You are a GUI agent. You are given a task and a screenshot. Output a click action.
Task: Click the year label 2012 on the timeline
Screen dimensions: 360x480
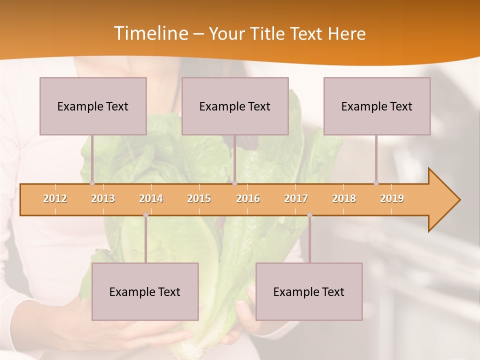click(x=55, y=198)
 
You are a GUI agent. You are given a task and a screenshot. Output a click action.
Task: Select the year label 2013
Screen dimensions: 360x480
click(x=103, y=198)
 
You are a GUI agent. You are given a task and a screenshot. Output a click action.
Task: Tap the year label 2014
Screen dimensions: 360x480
click(x=151, y=198)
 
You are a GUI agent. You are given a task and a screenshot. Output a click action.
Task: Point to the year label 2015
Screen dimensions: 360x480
click(x=199, y=198)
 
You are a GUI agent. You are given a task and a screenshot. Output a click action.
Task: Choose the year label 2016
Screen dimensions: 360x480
click(x=248, y=198)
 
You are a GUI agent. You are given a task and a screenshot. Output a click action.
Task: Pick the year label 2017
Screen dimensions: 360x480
click(x=296, y=198)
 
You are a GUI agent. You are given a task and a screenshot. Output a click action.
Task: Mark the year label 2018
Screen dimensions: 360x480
click(x=344, y=198)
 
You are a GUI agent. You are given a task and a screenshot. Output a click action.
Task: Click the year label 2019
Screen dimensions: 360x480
click(x=392, y=198)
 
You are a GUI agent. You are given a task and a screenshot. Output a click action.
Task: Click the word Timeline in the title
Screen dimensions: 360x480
click(x=150, y=33)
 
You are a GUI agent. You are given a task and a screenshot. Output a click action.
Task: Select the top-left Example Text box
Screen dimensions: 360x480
click(x=93, y=106)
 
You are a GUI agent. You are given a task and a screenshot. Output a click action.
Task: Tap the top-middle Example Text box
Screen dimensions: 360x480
click(x=235, y=106)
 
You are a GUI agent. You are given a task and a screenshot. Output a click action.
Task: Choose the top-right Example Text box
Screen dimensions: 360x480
click(x=377, y=106)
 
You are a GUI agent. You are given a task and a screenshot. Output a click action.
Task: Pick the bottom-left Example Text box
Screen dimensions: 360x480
click(x=145, y=291)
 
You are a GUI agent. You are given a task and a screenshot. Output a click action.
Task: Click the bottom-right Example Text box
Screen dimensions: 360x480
click(x=309, y=291)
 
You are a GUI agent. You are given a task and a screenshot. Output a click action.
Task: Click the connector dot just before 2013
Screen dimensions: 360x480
click(x=92, y=183)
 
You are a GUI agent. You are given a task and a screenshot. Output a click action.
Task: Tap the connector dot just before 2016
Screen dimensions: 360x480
click(x=234, y=183)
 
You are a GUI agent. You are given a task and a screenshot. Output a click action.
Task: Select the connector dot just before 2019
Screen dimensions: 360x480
click(x=376, y=183)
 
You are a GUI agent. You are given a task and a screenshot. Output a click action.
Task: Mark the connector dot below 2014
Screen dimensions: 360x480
click(x=145, y=215)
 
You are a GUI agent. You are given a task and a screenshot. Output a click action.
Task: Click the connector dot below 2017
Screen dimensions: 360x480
click(x=309, y=215)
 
